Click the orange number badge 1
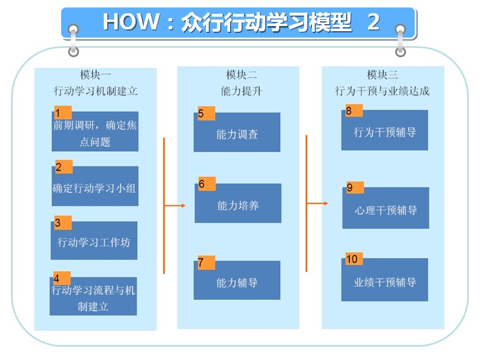[63, 112]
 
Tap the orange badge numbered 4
[62, 278]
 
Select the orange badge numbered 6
[206, 184]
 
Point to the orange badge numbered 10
[354, 258]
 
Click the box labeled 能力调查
[237, 132]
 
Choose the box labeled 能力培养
[238, 203]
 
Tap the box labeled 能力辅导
[237, 280]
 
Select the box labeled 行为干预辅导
[385, 130]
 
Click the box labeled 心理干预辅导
[386, 208]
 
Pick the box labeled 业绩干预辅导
[385, 280]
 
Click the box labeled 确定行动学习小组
[95, 186]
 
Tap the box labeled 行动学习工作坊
[94, 241]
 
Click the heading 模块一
[95, 74]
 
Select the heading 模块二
[242, 74]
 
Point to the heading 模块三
[382, 74]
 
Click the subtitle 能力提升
[242, 91]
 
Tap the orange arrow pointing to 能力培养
[175, 205]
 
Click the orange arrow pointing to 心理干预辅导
[317, 203]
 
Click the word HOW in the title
[131, 22]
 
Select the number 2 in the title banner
[374, 22]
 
